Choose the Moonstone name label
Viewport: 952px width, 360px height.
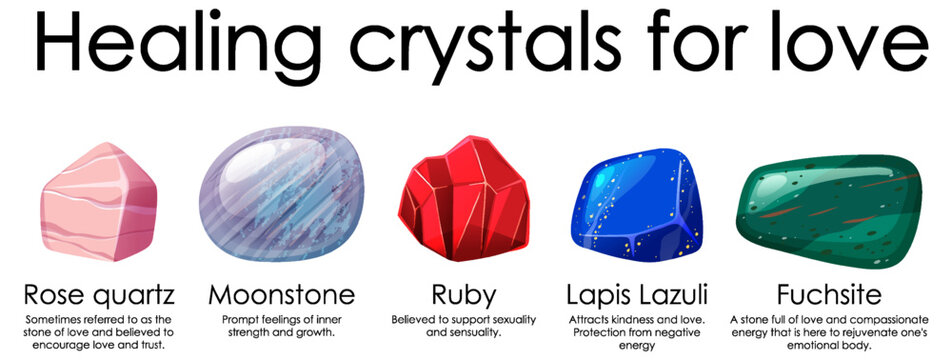click(x=281, y=296)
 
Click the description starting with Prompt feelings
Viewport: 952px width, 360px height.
click(x=281, y=326)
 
